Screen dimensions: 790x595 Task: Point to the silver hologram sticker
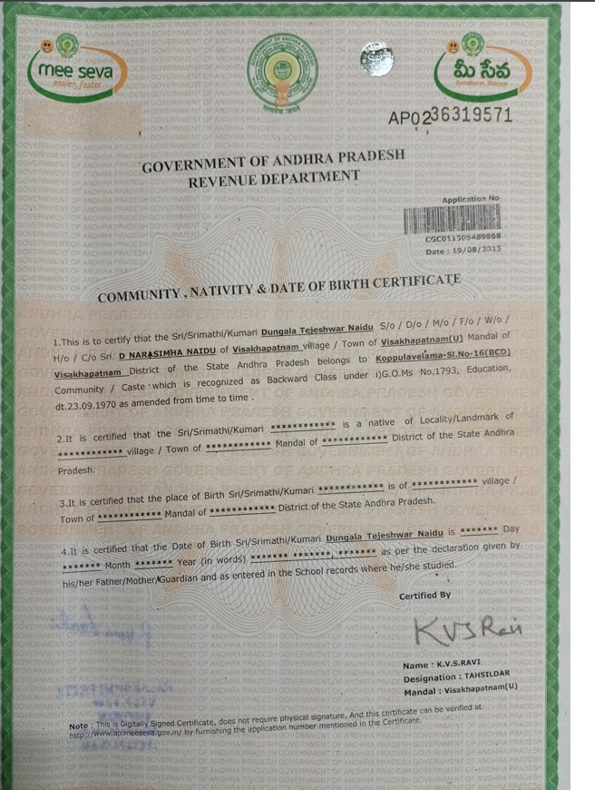pyautogui.click(x=376, y=59)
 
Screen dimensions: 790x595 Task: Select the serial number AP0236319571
pyautogui.click(x=450, y=116)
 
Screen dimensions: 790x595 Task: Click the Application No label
pyautogui.click(x=470, y=198)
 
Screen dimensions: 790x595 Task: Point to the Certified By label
pyautogui.click(x=424, y=597)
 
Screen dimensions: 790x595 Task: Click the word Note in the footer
pyautogui.click(x=80, y=726)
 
